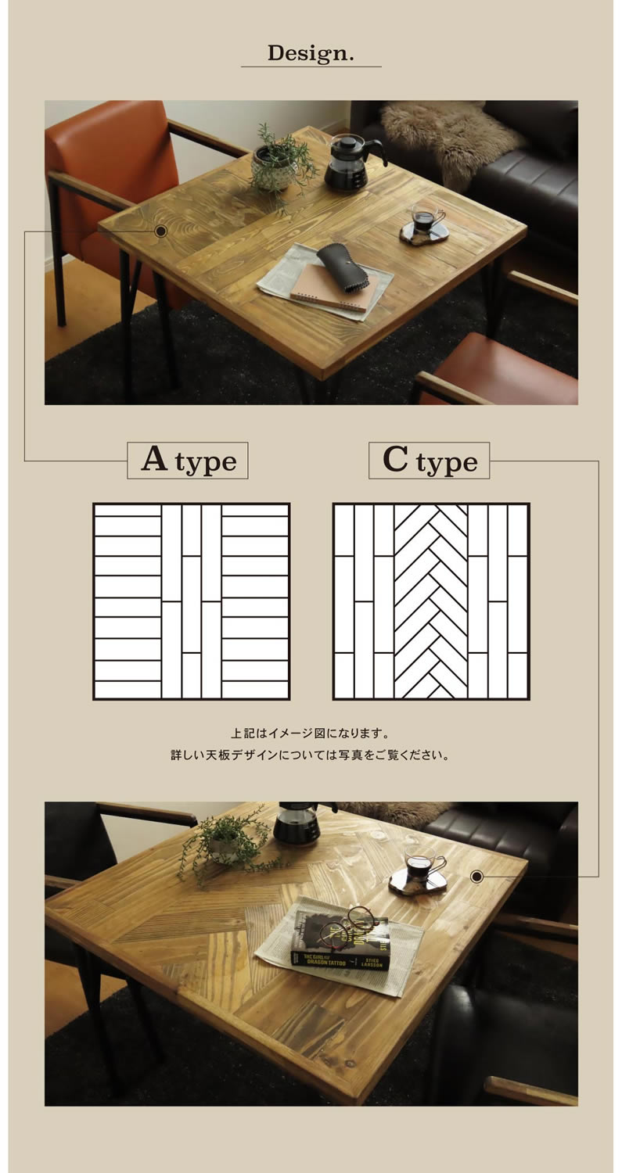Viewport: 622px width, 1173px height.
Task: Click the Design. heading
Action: [x=311, y=53]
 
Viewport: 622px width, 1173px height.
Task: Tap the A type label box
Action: [x=188, y=461]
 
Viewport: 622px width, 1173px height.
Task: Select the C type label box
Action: [x=430, y=461]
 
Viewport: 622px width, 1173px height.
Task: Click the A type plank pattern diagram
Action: [x=191, y=601]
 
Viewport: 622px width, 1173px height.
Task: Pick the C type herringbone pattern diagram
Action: [x=431, y=601]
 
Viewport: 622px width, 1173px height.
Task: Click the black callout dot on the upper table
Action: [x=161, y=231]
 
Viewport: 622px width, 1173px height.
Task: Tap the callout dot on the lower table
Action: [x=476, y=876]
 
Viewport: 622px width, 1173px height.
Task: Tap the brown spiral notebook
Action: [x=334, y=289]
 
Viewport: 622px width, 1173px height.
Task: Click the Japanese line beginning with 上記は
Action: [x=310, y=733]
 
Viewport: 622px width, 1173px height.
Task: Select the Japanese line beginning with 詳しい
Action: [x=310, y=755]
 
